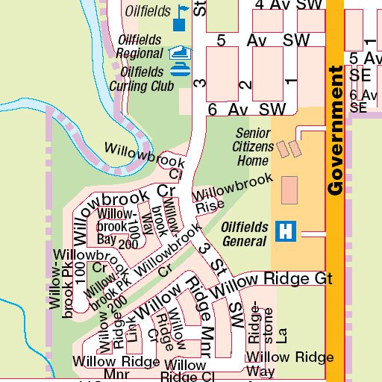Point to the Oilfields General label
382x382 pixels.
[244, 234]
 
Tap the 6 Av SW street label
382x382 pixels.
[247, 109]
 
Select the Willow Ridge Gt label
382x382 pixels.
[272, 279]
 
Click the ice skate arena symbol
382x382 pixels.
[180, 52]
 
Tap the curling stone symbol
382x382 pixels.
[180, 70]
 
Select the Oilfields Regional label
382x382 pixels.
[140, 46]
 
